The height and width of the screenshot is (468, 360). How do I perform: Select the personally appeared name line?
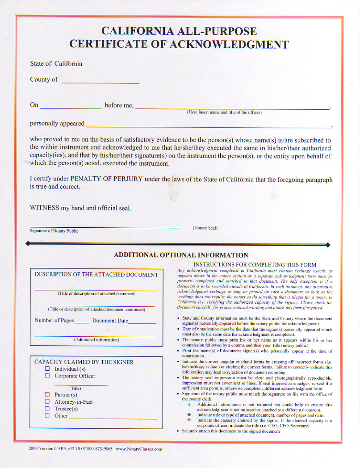(x=209, y=126)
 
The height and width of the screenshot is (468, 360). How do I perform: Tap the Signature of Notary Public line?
(x=104, y=227)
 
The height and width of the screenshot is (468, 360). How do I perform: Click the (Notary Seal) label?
(x=205, y=228)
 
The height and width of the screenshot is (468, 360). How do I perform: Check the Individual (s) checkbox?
(x=47, y=369)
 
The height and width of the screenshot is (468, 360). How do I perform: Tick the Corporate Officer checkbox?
(x=47, y=376)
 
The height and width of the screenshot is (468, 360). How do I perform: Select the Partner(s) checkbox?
(x=47, y=395)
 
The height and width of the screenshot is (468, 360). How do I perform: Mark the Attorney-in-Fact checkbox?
(x=47, y=402)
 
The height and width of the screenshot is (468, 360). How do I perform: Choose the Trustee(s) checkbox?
(x=47, y=409)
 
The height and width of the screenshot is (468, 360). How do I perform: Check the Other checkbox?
(x=47, y=416)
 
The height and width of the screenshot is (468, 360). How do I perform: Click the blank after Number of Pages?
(x=82, y=322)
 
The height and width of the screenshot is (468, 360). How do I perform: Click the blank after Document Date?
(x=142, y=322)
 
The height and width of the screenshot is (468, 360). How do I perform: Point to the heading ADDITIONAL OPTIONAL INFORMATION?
(x=181, y=255)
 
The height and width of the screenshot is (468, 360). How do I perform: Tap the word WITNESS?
(x=44, y=208)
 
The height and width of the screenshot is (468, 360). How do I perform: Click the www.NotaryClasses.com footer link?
(x=139, y=449)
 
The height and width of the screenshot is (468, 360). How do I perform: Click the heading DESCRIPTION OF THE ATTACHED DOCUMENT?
(x=96, y=275)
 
